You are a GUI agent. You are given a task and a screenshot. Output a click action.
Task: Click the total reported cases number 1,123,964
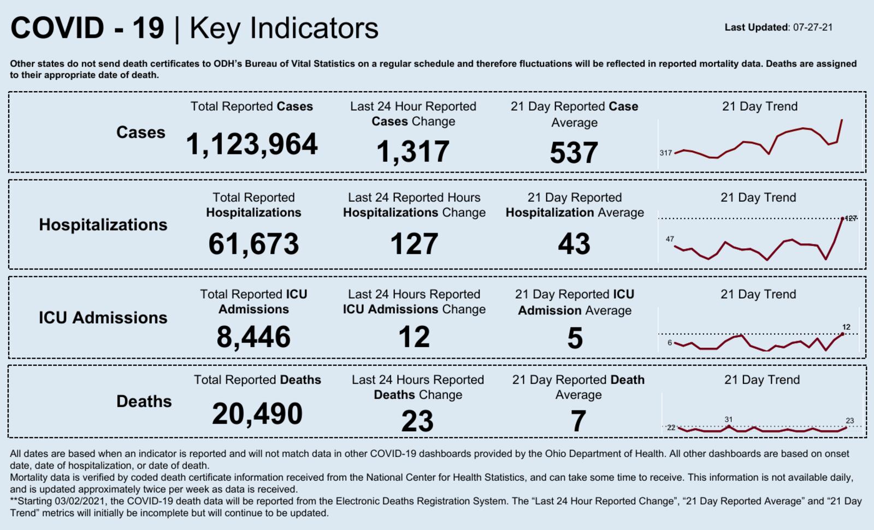pos(252,145)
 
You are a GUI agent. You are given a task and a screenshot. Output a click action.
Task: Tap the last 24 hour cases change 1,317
pos(413,152)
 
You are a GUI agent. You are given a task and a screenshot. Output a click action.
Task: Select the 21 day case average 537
pos(574,153)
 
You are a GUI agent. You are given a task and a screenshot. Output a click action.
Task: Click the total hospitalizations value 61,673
pos(253,244)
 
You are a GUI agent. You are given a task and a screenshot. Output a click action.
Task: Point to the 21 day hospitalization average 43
pos(574,244)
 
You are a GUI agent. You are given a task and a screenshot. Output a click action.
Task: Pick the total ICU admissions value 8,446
pos(253,337)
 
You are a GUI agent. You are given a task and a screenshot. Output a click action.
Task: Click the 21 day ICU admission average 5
pos(575,338)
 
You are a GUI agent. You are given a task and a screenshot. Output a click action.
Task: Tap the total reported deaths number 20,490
pos(257,414)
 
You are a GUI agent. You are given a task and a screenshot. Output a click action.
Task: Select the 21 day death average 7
pos(578,421)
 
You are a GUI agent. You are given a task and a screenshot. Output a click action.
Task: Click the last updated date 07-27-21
pos(813,27)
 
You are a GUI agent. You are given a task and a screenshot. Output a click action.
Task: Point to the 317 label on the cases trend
pos(665,153)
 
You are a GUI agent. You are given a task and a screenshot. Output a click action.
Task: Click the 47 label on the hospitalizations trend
pos(670,239)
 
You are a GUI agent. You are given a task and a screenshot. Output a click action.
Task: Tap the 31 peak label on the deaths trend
pos(728,419)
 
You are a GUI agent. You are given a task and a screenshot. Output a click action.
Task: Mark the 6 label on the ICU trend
pos(670,343)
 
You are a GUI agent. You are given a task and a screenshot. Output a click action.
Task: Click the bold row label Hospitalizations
pos(103,225)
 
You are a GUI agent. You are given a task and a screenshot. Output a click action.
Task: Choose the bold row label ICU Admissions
pos(103,318)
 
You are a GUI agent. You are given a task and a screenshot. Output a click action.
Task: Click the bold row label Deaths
pos(144,402)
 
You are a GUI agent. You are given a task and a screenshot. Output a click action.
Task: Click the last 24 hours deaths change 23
pos(417,421)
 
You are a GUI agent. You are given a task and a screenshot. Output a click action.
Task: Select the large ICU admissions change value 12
pos(414,337)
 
